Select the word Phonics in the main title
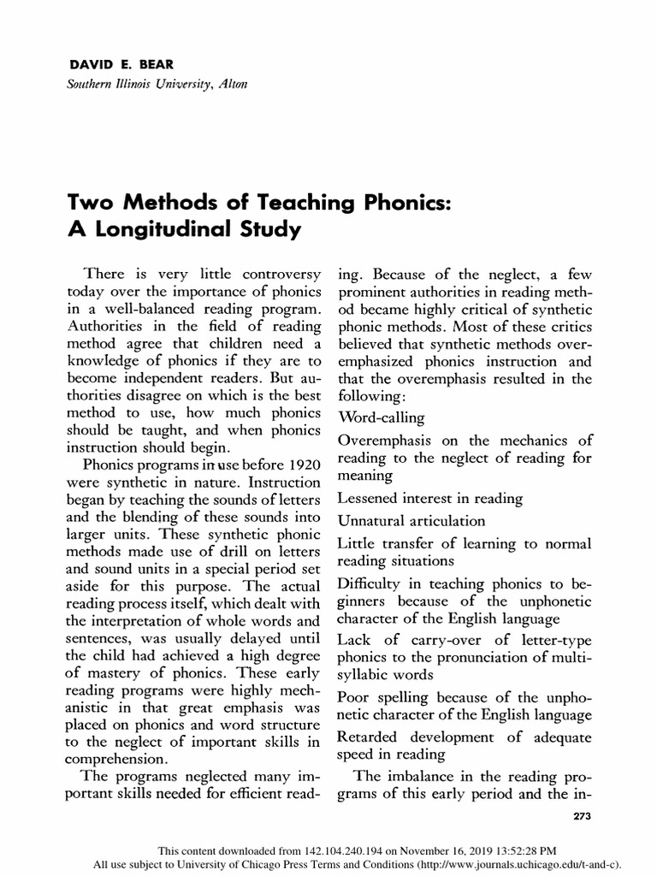pos(381,204)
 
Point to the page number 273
pos(581,815)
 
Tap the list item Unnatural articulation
pos(411,520)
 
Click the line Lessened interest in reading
pos(430,497)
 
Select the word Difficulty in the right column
pos(373,584)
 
